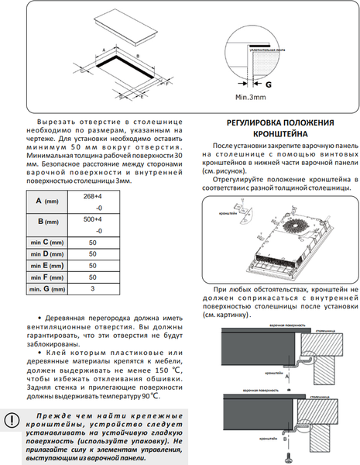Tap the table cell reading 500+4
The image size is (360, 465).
point(92,219)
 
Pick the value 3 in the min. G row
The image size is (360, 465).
point(92,288)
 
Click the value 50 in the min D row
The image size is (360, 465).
point(92,254)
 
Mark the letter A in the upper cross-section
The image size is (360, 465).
point(286,375)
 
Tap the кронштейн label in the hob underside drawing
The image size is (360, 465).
point(228,211)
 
